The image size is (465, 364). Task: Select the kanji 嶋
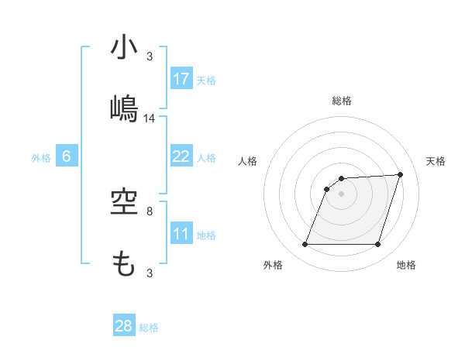pyautogui.click(x=125, y=108)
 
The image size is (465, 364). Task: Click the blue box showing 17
pyautogui.click(x=181, y=79)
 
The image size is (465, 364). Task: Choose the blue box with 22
pyautogui.click(x=181, y=156)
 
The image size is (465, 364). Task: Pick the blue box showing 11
pyautogui.click(x=181, y=234)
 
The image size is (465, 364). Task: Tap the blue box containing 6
pyautogui.click(x=67, y=156)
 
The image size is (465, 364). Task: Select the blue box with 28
pyautogui.click(x=124, y=326)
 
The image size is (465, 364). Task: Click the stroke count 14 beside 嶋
pyautogui.click(x=150, y=118)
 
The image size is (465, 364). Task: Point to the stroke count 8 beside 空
pyautogui.click(x=150, y=211)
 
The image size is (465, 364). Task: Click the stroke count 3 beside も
pyautogui.click(x=150, y=273)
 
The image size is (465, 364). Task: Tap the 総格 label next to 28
pyautogui.click(x=149, y=328)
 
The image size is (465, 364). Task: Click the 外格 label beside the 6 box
pyautogui.click(x=41, y=158)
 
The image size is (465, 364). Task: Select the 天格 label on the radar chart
pyautogui.click(x=436, y=161)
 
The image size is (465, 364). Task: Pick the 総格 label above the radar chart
pyautogui.click(x=342, y=101)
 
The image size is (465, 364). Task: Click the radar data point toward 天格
pyautogui.click(x=401, y=174)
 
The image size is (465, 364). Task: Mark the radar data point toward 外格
pyautogui.click(x=305, y=245)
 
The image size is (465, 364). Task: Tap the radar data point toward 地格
pyautogui.click(x=378, y=245)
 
